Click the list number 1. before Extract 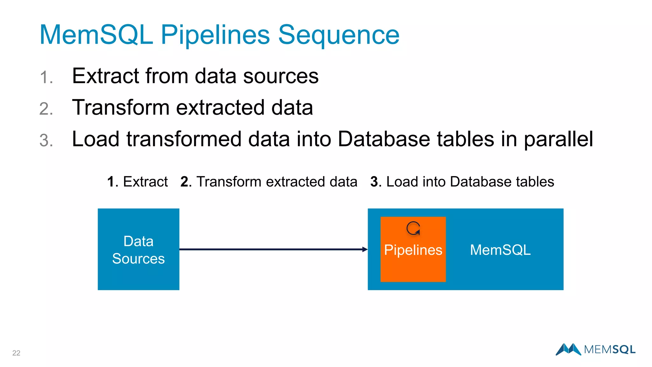(x=46, y=77)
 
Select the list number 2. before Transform (x=46, y=109)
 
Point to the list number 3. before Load (x=46, y=140)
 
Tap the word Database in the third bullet (x=384, y=139)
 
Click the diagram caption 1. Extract (x=138, y=182)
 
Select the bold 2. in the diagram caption (x=186, y=182)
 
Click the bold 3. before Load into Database (x=376, y=182)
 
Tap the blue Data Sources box (x=138, y=249)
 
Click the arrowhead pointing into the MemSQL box (x=365, y=249)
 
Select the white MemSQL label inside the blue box (x=500, y=250)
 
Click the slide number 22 (x=16, y=353)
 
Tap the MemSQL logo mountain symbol (x=569, y=349)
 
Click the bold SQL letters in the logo (x=624, y=350)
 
